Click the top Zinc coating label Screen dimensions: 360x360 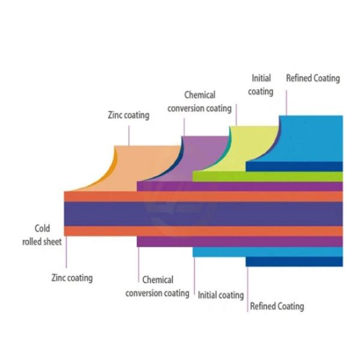tap(128, 115)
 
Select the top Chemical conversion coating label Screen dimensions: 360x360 tap(200, 101)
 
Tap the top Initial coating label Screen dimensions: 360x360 tap(261, 85)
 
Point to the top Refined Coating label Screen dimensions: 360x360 tap(313, 78)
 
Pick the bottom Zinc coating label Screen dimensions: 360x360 tap(72, 278)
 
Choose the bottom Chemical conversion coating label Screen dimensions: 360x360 tap(157, 286)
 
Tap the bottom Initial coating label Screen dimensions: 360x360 tap(221, 295)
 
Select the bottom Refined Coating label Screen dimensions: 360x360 tap(277, 306)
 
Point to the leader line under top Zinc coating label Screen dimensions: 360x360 tap(128, 134)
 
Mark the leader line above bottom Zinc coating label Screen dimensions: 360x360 tap(66, 252)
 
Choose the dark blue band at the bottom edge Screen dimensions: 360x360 tap(294, 262)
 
